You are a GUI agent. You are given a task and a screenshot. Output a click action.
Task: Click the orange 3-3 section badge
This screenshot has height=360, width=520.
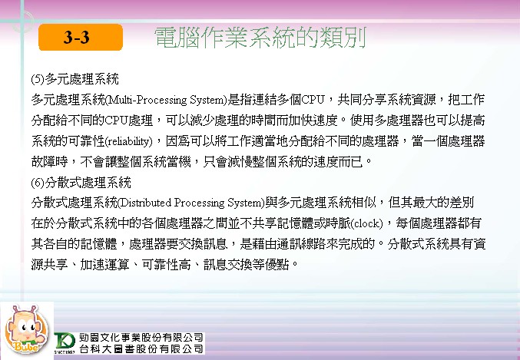coord(81,37)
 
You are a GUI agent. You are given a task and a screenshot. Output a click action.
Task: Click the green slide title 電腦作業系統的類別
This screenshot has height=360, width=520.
coord(260,38)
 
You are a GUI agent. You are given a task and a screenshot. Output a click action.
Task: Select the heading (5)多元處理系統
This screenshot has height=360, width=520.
coord(75,79)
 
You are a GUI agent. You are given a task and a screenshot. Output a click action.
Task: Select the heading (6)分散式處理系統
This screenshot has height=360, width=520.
coord(81,183)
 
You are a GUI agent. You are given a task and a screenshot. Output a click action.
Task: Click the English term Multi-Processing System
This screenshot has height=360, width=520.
coord(165,100)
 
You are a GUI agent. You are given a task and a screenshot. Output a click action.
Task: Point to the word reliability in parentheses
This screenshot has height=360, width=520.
coord(129,141)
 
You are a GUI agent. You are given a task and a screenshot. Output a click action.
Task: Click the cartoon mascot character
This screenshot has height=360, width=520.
coord(27,329)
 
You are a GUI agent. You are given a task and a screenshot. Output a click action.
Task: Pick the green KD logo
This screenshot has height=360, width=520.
coord(65,342)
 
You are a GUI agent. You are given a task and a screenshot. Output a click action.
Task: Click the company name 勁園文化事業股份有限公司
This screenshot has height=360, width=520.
coord(141,338)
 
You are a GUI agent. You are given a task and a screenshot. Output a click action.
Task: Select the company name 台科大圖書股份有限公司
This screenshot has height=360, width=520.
coord(141,348)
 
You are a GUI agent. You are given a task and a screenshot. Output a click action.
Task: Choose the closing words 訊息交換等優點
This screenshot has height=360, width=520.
coord(246,265)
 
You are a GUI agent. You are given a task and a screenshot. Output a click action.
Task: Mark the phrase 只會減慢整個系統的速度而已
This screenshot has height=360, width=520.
coord(283,162)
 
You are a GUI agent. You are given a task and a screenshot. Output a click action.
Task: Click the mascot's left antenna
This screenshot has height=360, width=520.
coord(15,311)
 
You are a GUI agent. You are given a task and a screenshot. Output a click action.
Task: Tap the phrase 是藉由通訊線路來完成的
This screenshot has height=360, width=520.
coord(307,244)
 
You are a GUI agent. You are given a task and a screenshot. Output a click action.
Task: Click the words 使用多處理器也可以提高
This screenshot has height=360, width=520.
coord(418,121)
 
